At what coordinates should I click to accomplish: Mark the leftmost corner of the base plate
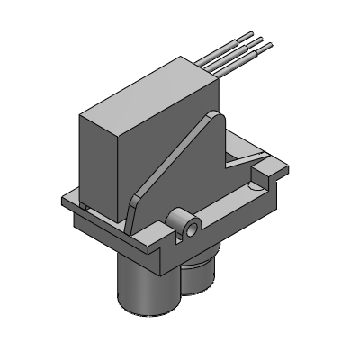coord(60,200)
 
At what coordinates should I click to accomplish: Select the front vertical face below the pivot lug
coord(180,252)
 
